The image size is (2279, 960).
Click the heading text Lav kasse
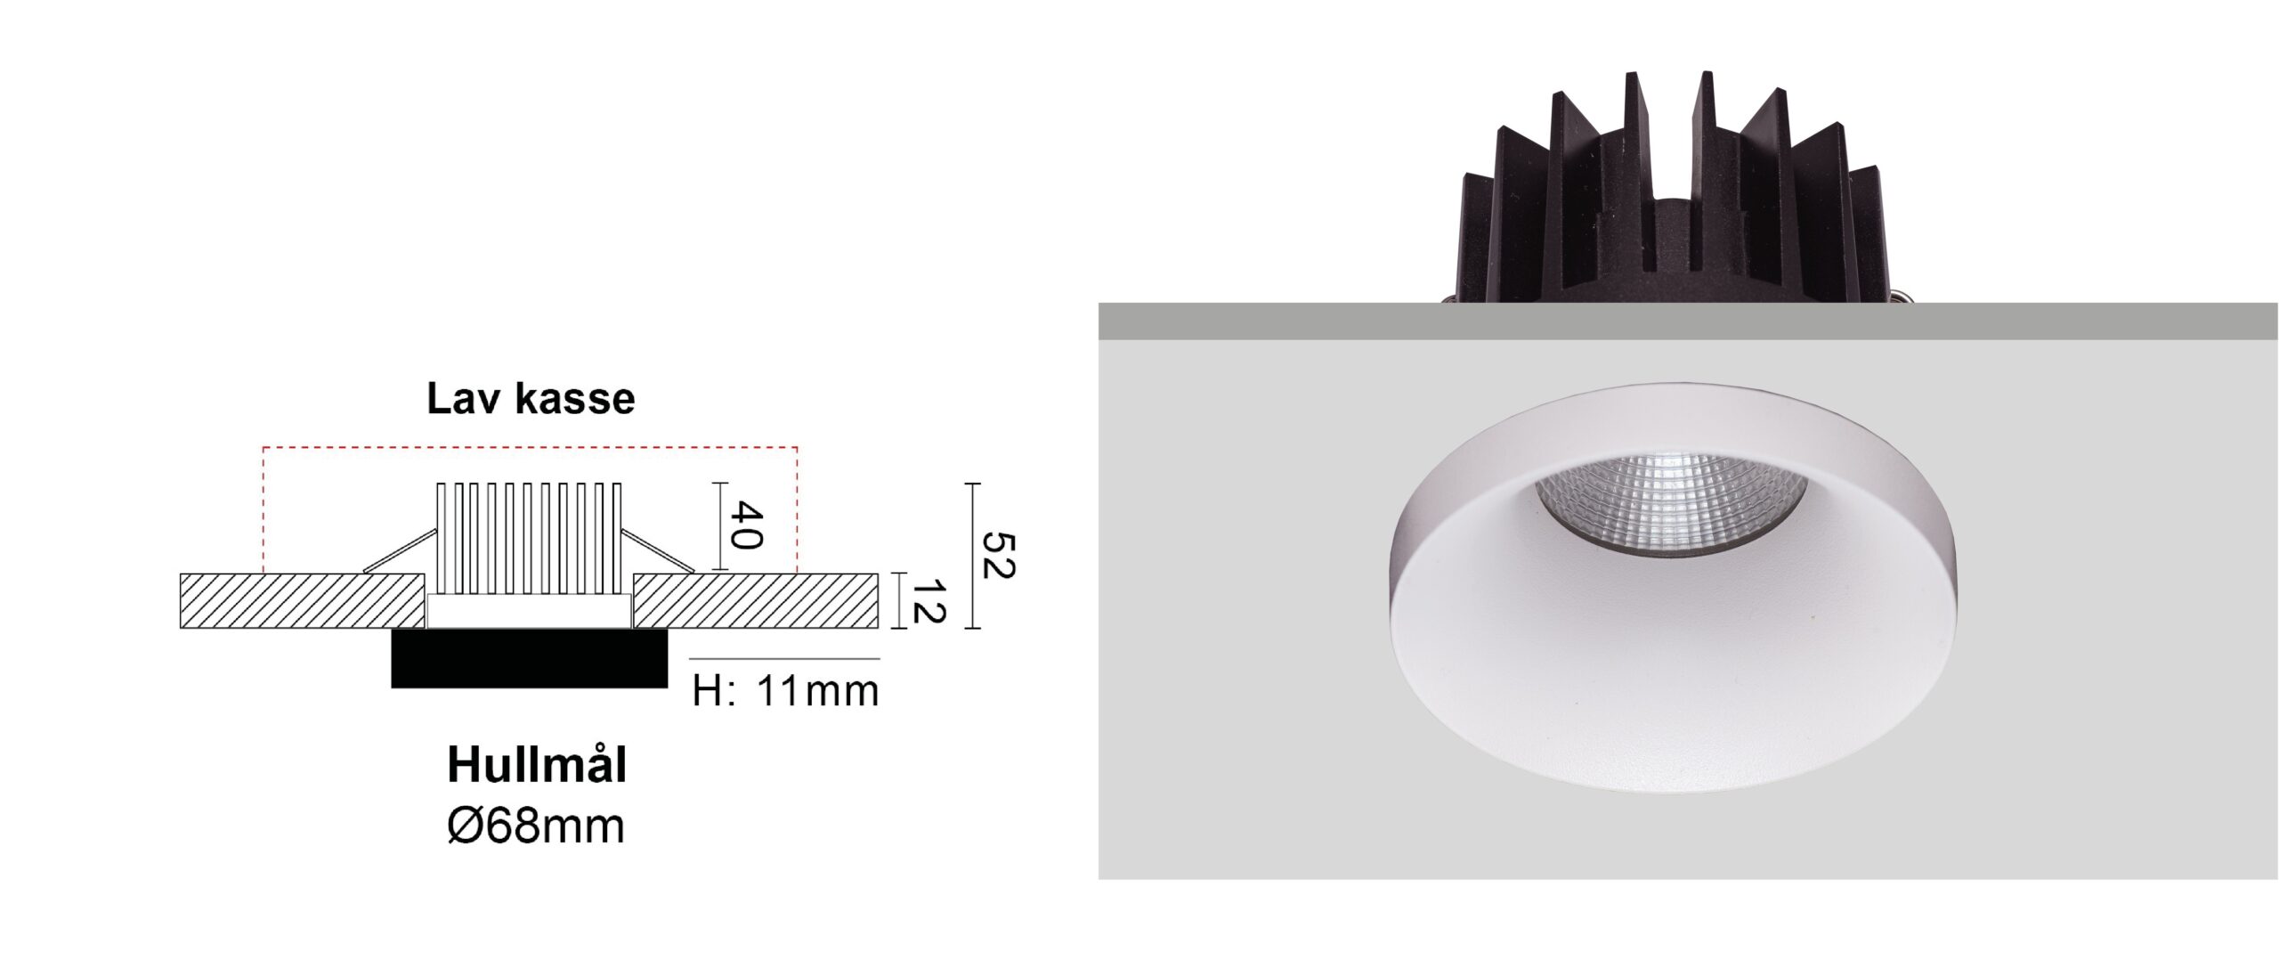point(531,399)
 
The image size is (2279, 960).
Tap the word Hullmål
point(537,765)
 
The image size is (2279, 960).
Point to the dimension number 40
point(747,526)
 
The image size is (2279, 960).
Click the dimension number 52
point(997,555)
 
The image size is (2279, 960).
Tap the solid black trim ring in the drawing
point(530,658)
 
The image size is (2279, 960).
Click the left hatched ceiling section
point(303,601)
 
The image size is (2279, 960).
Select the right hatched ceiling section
point(756,601)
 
